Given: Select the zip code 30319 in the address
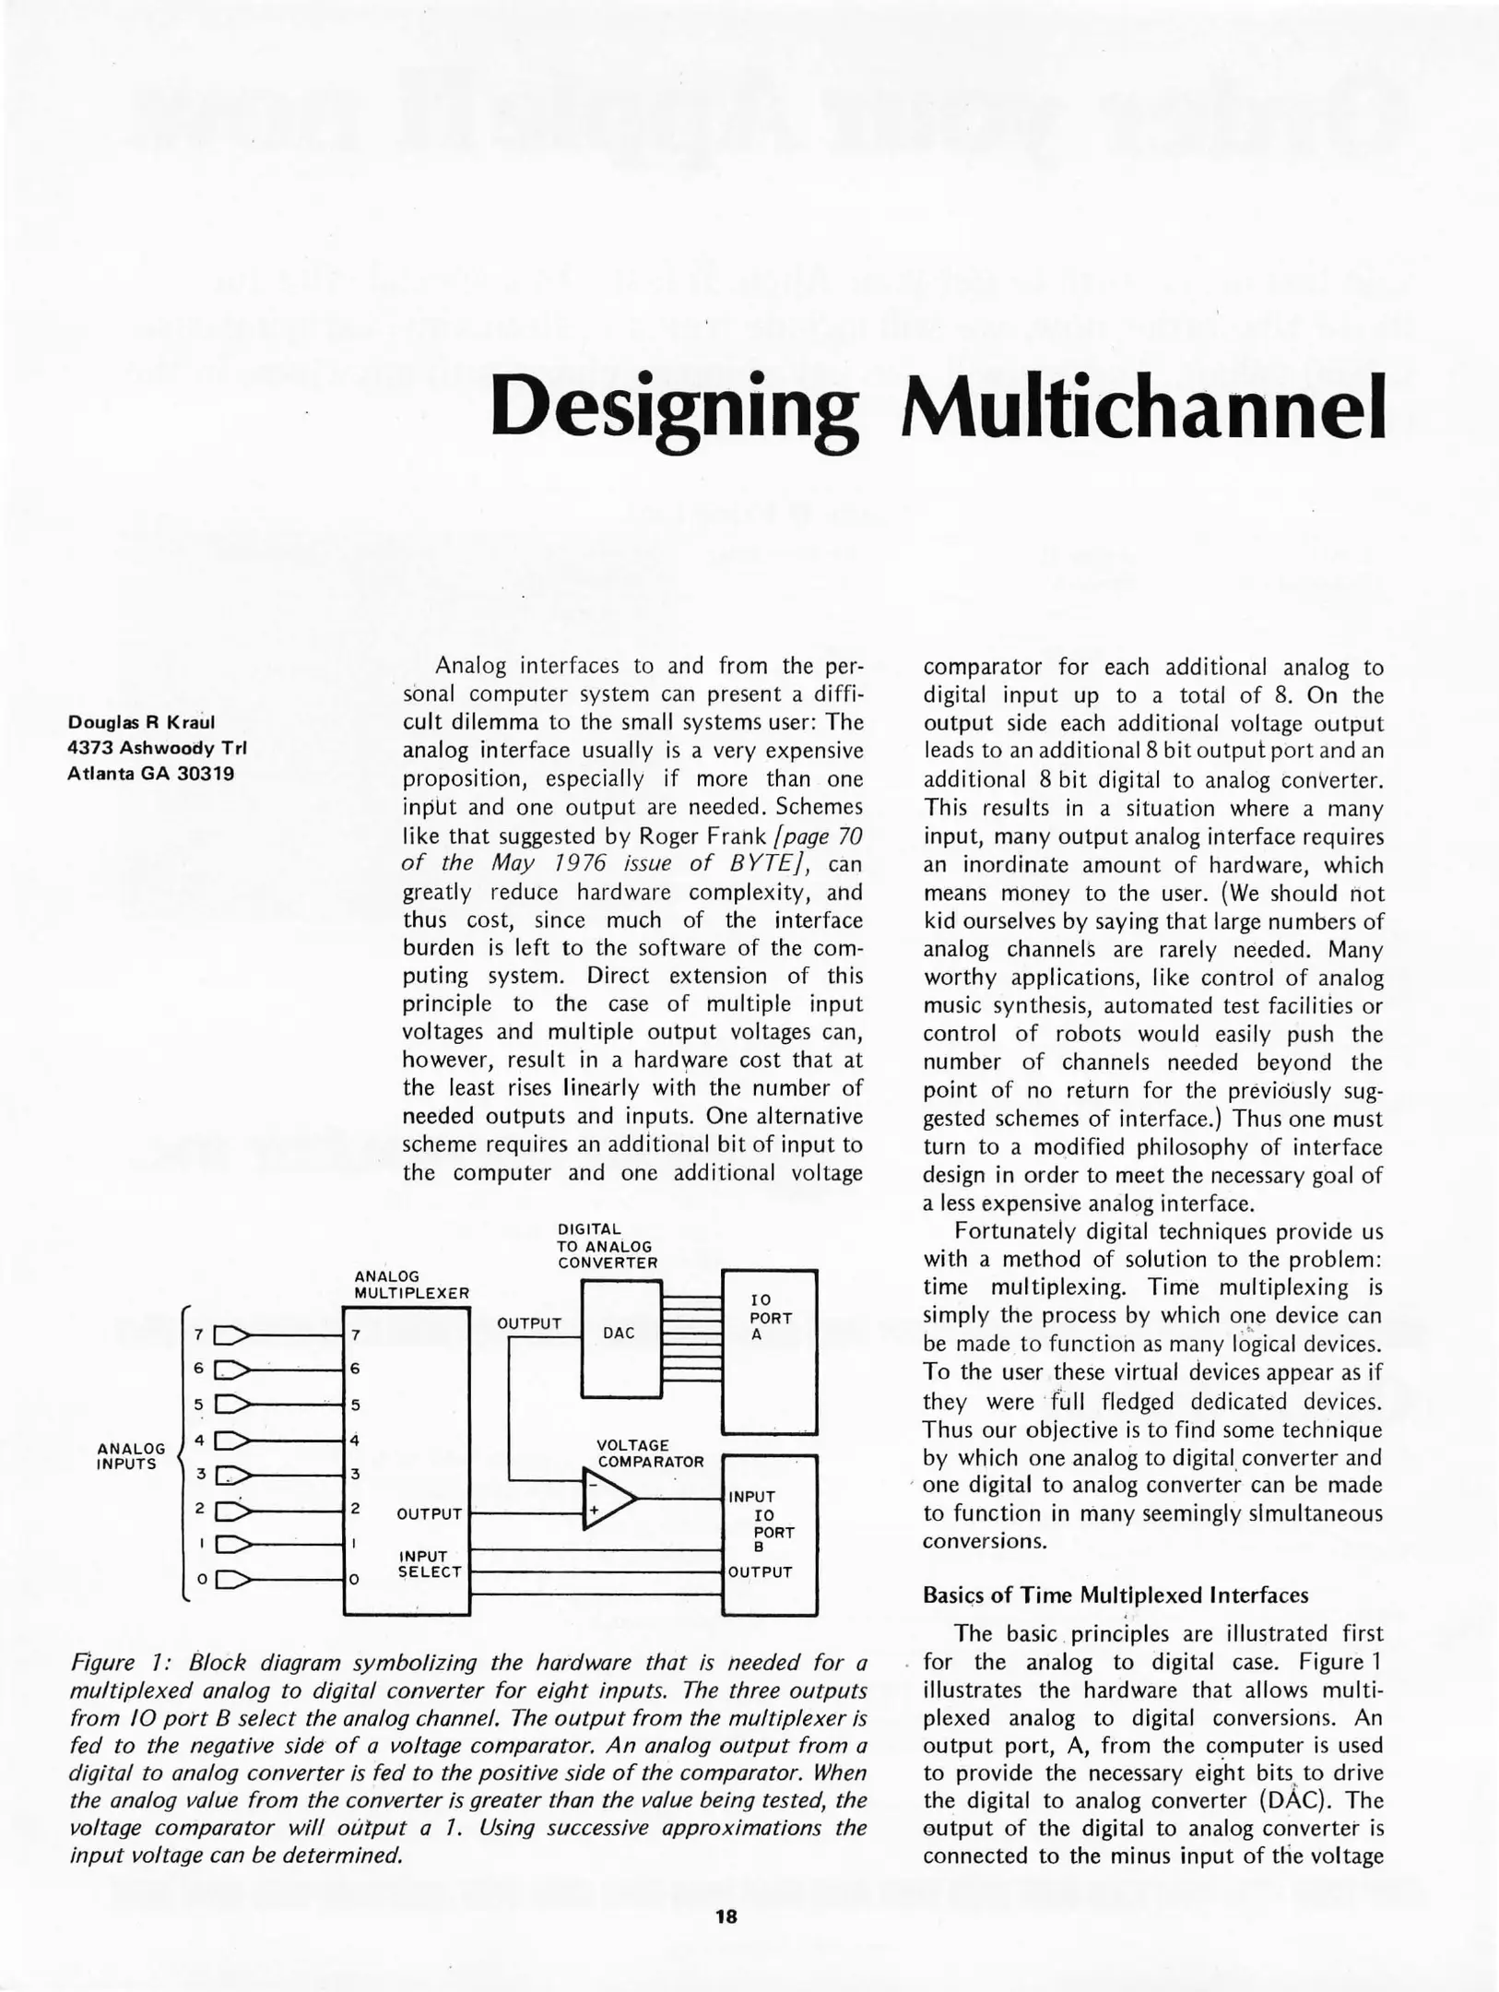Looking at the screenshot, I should pos(205,773).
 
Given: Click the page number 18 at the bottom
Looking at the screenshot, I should pos(726,1915).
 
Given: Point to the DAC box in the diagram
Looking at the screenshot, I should pos(619,1333).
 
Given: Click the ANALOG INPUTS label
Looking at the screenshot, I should pos(130,1456).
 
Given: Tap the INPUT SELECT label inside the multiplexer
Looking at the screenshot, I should pos(429,1564).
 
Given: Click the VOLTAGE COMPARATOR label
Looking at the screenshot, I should pos(650,1453).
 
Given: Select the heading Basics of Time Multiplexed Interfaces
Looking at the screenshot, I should pos(1115,1595).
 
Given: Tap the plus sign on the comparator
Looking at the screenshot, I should pos(595,1511).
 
